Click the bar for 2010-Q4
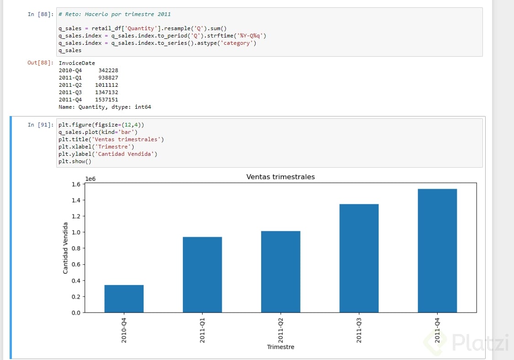tap(124, 299)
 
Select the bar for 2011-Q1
tap(202, 275)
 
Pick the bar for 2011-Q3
tap(359, 258)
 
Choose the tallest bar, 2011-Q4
tap(437, 251)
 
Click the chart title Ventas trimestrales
tap(281, 177)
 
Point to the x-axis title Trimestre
tap(281, 347)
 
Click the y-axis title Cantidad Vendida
tap(65, 248)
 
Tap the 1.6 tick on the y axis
tap(75, 184)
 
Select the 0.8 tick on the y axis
tap(75, 249)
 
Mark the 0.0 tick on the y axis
tap(75, 313)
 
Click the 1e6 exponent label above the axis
tap(91, 179)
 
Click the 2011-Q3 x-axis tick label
tap(359, 330)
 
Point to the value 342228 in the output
tap(108, 70)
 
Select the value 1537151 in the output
tap(107, 100)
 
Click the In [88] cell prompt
tap(40, 14)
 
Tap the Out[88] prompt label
tap(40, 63)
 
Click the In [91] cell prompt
tap(40, 125)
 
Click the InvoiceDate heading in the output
tap(77, 63)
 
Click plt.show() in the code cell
tap(75, 161)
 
